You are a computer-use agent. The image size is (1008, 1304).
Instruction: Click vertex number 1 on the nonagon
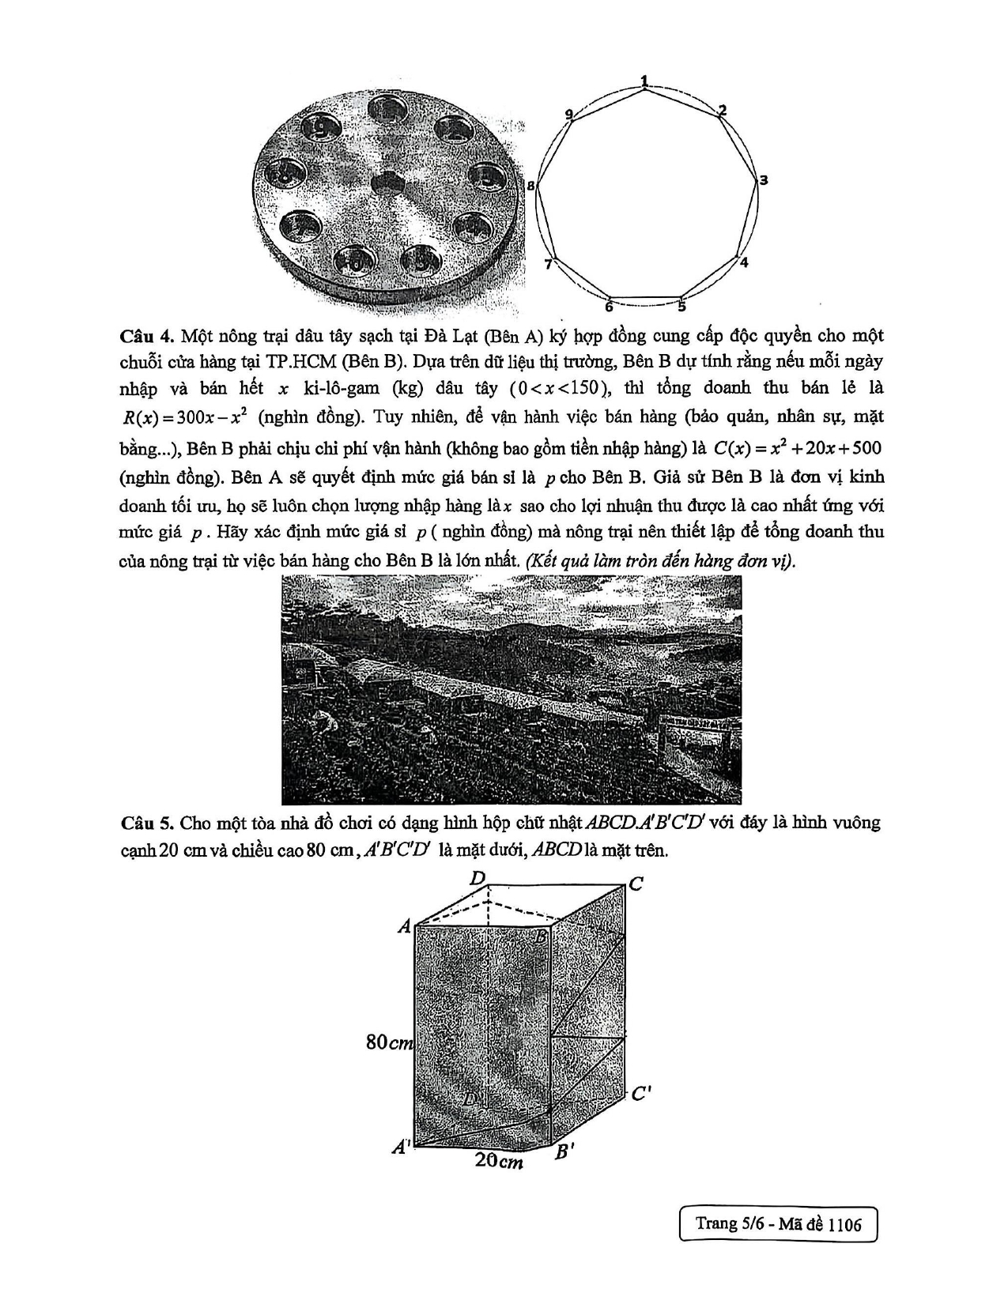[x=646, y=88]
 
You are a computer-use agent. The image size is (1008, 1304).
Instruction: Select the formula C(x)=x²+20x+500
[x=797, y=448]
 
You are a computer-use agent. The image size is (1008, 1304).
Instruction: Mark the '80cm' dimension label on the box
[x=389, y=1042]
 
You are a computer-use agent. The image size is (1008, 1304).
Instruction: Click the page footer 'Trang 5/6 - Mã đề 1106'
[x=778, y=1224]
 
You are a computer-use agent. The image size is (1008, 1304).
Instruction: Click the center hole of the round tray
[x=388, y=181]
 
